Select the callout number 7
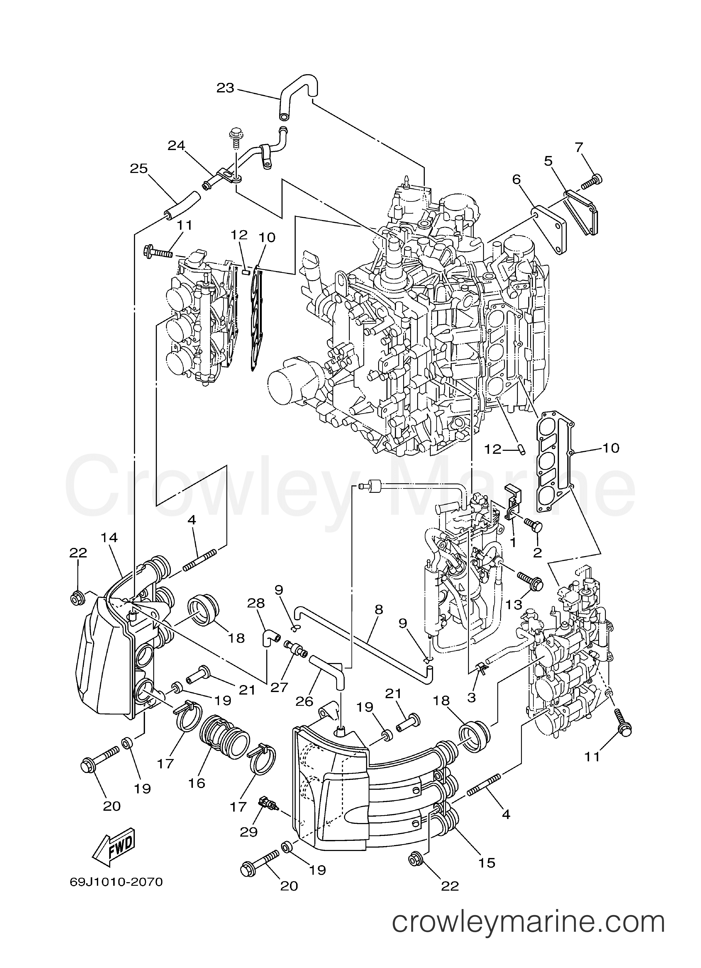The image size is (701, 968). (578, 148)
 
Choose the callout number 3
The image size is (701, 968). (471, 697)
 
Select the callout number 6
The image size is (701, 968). (517, 180)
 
